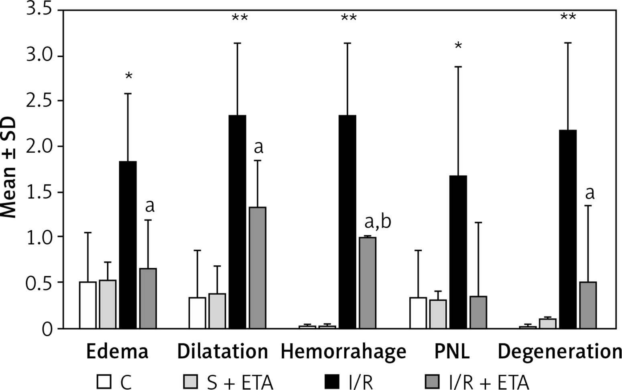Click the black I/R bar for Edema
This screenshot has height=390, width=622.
click(x=128, y=245)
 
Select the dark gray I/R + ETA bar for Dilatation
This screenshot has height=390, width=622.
click(x=257, y=268)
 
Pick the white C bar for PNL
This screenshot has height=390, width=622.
click(x=418, y=313)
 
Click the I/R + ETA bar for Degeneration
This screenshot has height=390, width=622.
click(x=588, y=305)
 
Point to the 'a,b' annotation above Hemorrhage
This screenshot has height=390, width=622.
click(x=377, y=222)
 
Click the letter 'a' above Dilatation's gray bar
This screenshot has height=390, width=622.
click(x=259, y=148)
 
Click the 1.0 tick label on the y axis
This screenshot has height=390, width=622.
click(x=39, y=237)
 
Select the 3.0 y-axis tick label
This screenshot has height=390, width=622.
click(x=39, y=55)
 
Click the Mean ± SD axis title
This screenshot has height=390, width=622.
click(x=9, y=168)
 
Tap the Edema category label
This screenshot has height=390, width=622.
click(x=117, y=352)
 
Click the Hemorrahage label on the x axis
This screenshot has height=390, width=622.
click(x=343, y=352)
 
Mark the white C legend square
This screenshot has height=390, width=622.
click(x=104, y=382)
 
